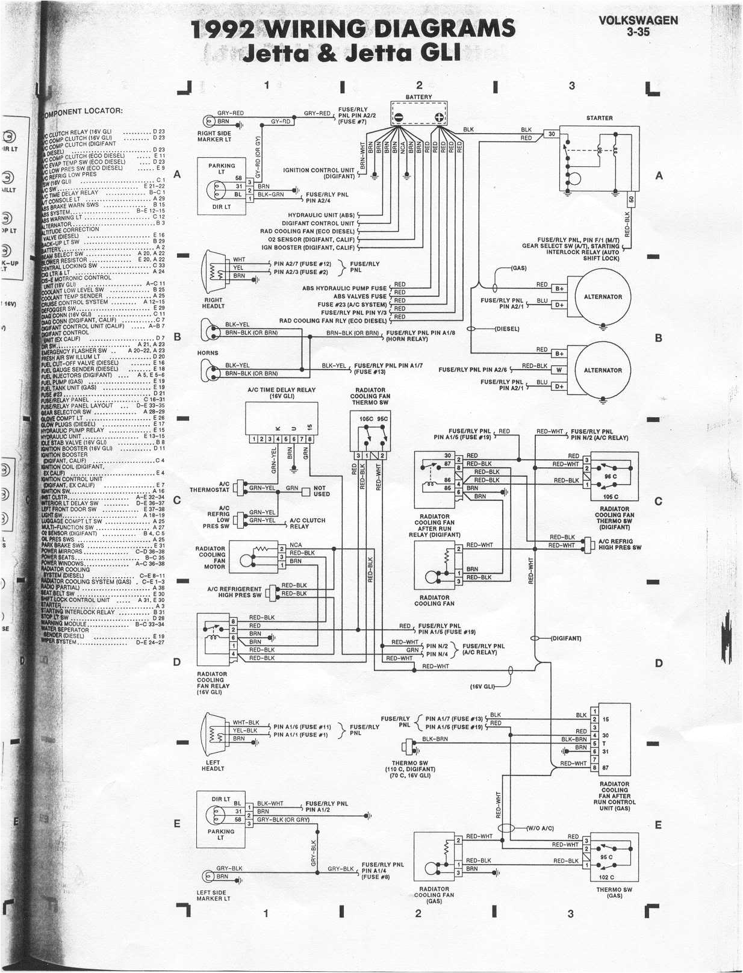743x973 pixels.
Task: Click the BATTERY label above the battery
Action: (418, 97)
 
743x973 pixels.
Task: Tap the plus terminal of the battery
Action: (440, 117)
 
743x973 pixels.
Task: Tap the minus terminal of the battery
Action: (398, 117)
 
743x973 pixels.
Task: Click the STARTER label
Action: (599, 118)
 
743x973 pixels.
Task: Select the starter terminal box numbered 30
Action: (551, 134)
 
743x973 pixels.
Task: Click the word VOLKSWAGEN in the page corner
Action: (638, 20)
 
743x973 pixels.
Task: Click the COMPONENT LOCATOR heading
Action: (84, 111)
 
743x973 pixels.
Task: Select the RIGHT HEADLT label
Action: (213, 303)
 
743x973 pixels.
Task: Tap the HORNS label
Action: (208, 353)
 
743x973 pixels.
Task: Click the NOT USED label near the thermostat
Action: (322, 491)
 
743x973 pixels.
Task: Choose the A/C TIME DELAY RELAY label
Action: (281, 393)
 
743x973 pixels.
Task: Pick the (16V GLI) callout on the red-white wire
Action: (482, 686)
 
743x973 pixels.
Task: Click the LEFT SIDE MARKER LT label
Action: (213, 896)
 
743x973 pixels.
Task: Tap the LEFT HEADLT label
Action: (213, 765)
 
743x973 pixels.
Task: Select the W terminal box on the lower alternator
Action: (559, 370)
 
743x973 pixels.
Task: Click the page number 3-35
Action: (638, 32)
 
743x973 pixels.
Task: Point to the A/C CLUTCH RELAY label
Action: (307, 523)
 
